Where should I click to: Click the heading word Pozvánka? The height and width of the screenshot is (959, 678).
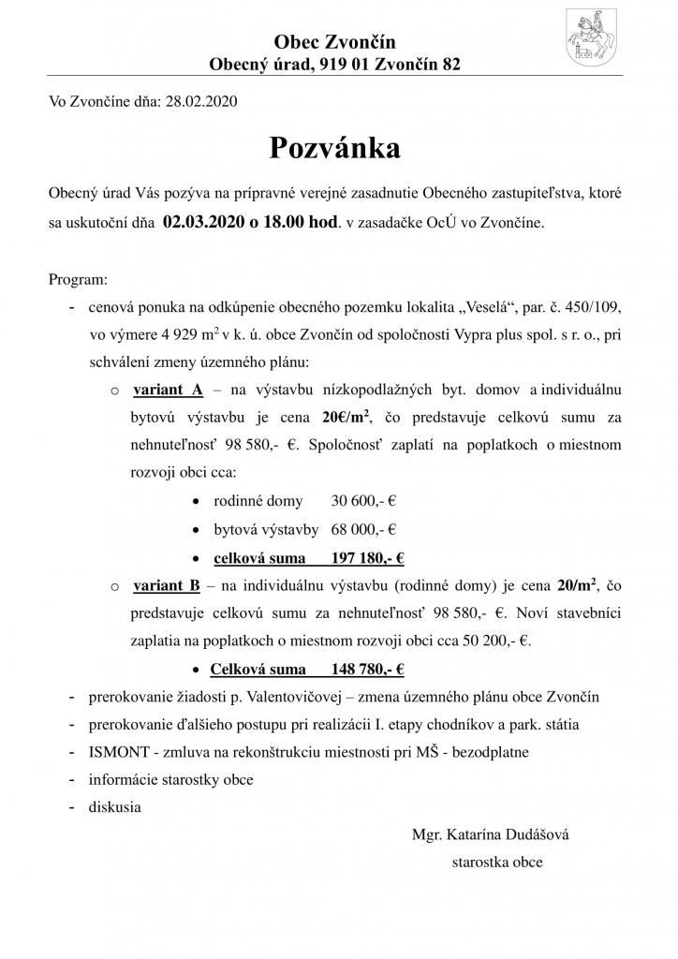pos(335,148)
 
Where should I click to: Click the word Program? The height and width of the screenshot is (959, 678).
pos(78,280)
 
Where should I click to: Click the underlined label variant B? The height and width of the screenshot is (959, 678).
pos(168,585)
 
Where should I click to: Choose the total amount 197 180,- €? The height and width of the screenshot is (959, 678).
pos(367,558)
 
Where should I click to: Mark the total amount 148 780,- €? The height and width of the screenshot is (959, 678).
pos(367,670)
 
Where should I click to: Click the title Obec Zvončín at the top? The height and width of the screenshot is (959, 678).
pos(334,41)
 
